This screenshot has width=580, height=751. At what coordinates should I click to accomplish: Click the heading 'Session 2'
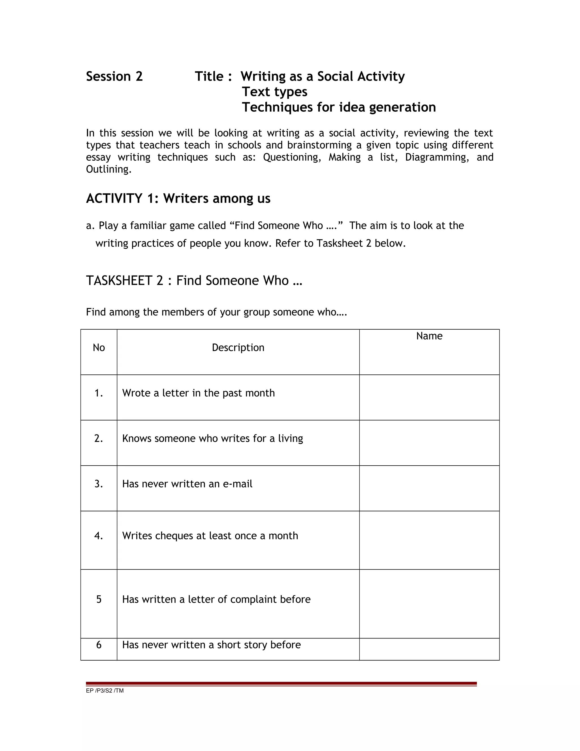click(x=114, y=76)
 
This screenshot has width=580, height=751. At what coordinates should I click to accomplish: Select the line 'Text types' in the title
click(x=274, y=92)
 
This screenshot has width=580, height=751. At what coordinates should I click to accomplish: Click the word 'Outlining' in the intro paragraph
click(x=108, y=169)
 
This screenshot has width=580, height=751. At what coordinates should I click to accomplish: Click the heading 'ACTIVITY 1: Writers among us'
click(x=178, y=198)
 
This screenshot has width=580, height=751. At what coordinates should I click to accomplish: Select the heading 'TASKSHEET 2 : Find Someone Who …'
click(x=194, y=281)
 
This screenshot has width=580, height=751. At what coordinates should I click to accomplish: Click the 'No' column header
click(x=99, y=348)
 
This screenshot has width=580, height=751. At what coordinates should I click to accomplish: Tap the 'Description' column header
click(x=238, y=348)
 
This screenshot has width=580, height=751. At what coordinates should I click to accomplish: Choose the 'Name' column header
click(x=429, y=336)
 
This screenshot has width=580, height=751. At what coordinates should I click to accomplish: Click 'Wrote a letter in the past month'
click(x=198, y=393)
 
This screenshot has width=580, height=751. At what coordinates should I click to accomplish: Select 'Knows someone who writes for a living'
click(x=212, y=438)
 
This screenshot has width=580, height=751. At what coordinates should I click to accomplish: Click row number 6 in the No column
click(x=99, y=645)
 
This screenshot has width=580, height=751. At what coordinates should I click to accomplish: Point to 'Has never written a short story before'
click(x=211, y=645)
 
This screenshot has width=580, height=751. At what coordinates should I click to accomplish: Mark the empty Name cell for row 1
click(x=429, y=398)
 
